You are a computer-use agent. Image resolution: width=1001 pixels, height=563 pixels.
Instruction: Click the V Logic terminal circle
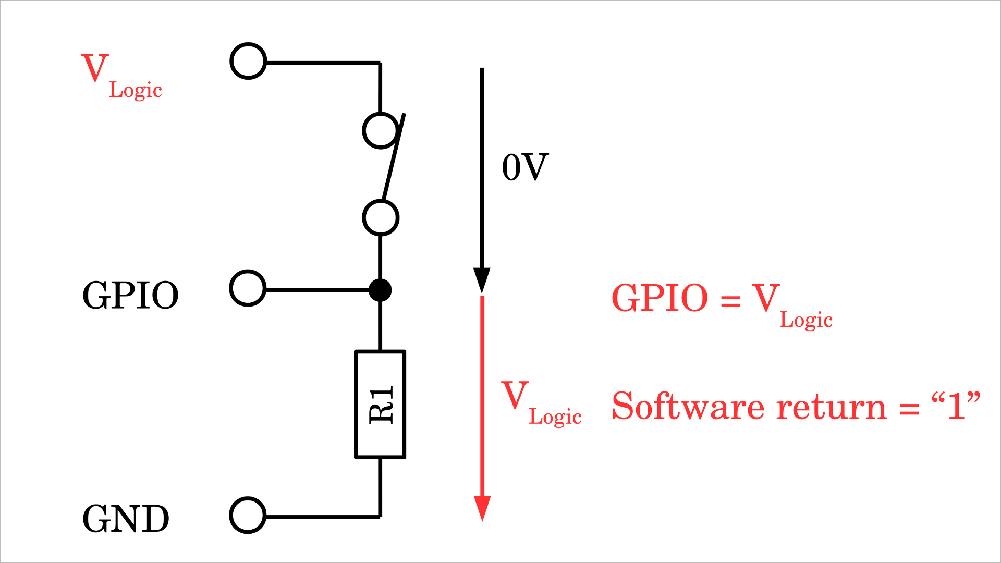click(x=248, y=62)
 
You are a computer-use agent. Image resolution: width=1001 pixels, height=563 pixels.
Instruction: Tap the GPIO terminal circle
click(x=248, y=288)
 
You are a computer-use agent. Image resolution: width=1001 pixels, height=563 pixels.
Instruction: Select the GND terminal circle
click(x=248, y=515)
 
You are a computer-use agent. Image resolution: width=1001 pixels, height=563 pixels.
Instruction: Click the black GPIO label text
click(x=130, y=296)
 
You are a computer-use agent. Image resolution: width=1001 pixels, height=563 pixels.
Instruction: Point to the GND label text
click(x=126, y=519)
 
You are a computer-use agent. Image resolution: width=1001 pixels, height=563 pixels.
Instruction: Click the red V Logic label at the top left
click(x=121, y=76)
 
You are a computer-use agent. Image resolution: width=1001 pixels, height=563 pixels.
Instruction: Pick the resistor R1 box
click(x=380, y=405)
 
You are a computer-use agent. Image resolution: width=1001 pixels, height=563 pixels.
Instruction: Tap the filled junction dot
click(x=380, y=290)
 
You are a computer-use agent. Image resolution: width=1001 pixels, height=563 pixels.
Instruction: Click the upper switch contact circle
click(x=381, y=130)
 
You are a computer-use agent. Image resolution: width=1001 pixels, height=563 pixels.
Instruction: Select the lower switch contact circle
click(x=381, y=217)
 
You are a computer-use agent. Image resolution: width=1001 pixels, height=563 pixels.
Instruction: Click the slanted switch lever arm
click(x=394, y=156)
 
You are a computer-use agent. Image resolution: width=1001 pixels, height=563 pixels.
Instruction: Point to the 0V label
click(x=525, y=167)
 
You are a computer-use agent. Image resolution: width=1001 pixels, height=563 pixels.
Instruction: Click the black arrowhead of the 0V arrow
click(x=482, y=280)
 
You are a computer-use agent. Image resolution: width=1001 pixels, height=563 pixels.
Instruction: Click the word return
click(x=831, y=407)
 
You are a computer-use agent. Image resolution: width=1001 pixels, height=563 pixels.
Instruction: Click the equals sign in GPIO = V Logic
click(x=730, y=300)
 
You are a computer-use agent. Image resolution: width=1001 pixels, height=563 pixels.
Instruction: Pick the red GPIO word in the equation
click(x=660, y=298)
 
